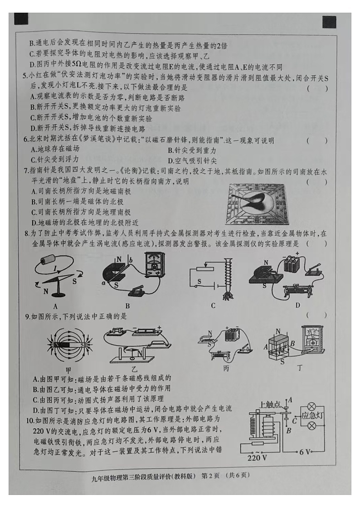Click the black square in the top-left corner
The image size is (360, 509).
coord(21,19)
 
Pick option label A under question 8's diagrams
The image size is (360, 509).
coord(55,306)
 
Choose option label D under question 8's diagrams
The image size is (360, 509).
coord(297,305)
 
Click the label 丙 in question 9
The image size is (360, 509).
coord(225,368)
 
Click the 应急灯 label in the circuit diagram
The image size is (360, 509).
coord(311,416)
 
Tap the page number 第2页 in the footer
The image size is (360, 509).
coord(210,475)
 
